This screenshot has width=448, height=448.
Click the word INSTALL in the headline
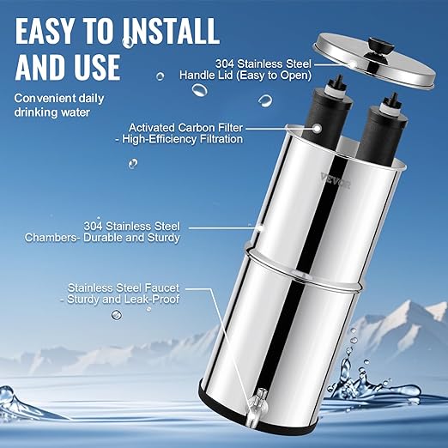pyautogui.click(x=165, y=32)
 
